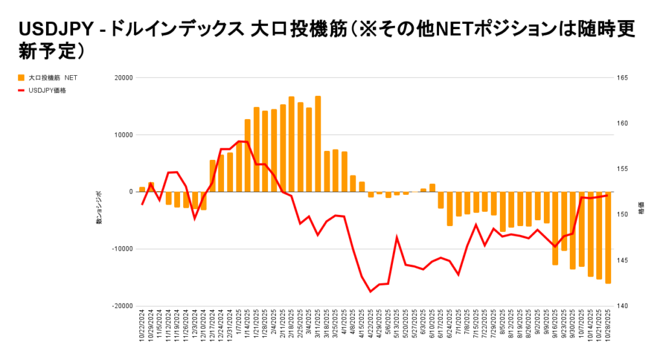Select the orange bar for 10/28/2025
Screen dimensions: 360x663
pos(608,238)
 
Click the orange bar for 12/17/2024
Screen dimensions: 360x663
pos(212,175)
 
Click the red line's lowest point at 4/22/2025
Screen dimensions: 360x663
pos(370,291)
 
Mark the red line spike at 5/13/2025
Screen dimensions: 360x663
pos(397,237)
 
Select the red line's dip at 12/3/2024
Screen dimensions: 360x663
pos(195,219)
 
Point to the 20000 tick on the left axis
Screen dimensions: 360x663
pos(123,78)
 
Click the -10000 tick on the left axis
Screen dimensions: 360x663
pos(122,249)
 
